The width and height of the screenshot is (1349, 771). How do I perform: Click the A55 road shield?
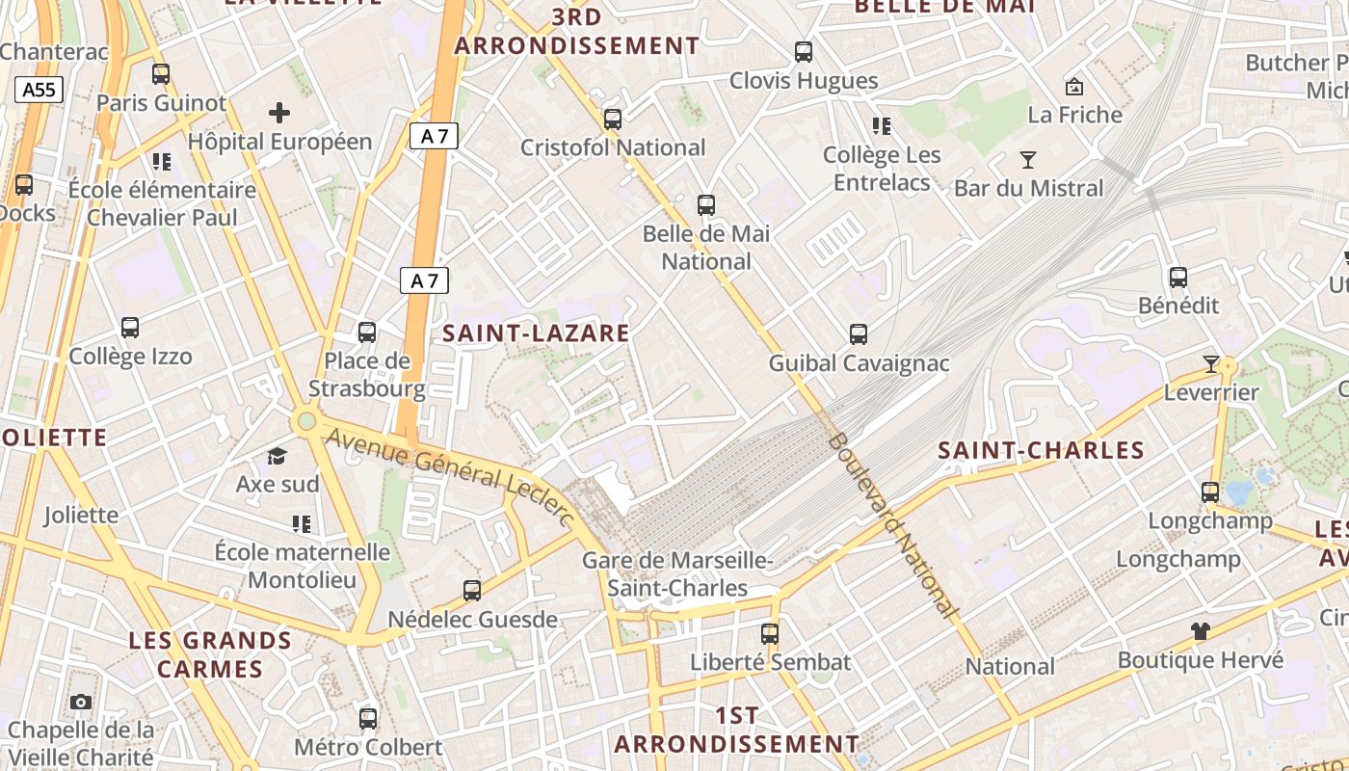[40, 91]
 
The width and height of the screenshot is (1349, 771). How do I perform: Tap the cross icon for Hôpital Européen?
[279, 113]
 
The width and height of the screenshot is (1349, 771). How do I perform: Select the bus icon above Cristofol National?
[613, 120]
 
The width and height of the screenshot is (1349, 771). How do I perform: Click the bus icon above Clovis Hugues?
[804, 52]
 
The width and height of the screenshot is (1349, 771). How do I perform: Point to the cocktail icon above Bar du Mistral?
[1028, 160]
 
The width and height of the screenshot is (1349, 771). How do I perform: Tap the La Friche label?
[1074, 115]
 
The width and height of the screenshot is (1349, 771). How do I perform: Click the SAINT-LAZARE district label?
[536, 333]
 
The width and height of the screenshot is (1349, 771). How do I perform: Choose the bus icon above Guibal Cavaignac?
[859, 334]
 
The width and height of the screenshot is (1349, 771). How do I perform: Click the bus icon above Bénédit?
[1178, 278]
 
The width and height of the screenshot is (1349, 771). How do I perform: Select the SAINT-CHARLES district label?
[1041, 450]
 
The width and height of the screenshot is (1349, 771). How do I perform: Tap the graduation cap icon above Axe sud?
[278, 456]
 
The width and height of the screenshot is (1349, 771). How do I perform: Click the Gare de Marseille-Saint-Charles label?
[677, 574]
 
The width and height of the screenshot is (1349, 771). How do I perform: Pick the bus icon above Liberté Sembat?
[770, 634]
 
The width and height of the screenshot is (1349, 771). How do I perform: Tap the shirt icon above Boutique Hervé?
[1200, 631]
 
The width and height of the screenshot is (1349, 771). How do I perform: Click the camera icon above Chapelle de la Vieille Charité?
[81, 702]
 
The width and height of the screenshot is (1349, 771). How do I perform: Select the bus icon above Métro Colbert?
[368, 718]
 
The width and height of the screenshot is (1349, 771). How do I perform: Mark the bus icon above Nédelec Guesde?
[472, 591]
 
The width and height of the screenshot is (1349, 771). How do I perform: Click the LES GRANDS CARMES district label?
[210, 654]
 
